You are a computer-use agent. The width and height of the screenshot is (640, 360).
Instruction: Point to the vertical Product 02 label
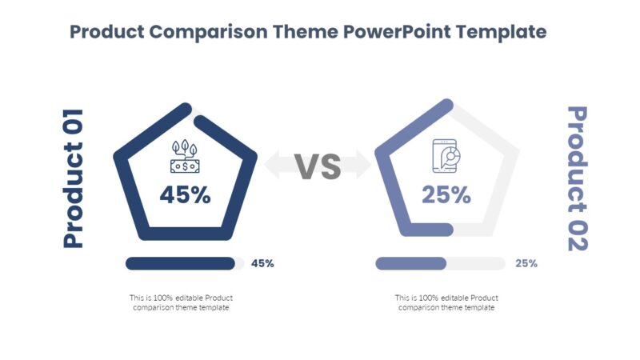pos(577,178)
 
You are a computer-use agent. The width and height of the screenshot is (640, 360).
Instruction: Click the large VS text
pos(318,166)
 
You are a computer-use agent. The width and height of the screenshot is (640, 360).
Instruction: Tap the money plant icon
pos(185,158)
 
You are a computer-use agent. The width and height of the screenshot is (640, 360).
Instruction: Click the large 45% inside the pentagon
pos(185,194)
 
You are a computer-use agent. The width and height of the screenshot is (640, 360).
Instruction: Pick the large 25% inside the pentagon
pos(446,194)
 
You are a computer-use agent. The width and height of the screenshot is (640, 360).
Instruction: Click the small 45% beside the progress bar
pos(262,263)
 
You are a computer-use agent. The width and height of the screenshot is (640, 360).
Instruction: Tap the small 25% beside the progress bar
pos(526,263)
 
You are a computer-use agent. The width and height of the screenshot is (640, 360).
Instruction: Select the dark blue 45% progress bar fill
pos(180,263)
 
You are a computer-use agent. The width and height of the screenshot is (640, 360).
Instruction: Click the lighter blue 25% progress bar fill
pos(410,263)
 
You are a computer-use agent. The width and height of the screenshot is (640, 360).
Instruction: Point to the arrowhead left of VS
pos(273,166)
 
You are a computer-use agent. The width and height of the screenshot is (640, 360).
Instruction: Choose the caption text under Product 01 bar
pos(182,302)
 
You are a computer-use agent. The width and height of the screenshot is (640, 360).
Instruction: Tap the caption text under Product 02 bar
pos(446,302)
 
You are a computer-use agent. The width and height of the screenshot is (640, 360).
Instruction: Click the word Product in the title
pos(106,32)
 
